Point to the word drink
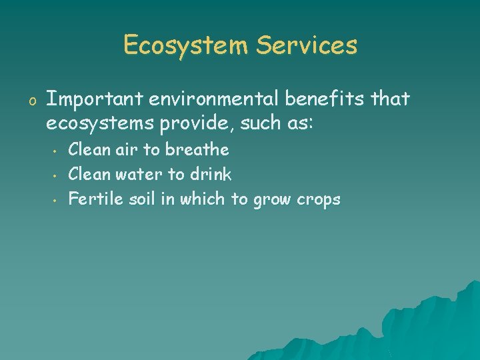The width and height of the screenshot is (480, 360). (211, 174)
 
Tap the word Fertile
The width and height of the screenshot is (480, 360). (92, 199)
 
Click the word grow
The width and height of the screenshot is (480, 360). (270, 200)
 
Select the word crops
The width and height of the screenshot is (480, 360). (317, 200)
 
